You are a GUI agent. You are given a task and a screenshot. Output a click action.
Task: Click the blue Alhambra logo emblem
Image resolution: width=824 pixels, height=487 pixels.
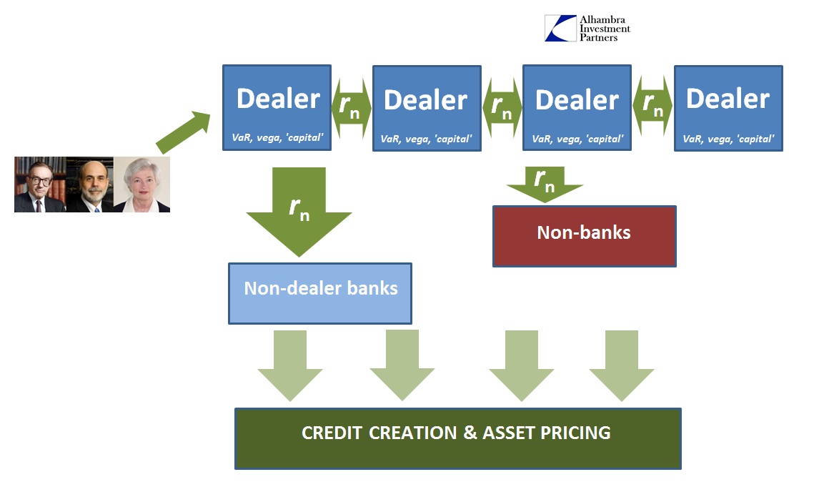click(x=561, y=29)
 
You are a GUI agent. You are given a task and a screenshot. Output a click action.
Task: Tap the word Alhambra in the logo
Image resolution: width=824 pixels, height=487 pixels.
click(x=602, y=19)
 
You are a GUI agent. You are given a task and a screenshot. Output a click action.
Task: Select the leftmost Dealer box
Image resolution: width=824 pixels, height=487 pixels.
click(x=277, y=108)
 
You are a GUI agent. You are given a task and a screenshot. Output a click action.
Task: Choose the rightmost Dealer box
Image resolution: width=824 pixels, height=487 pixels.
click(x=728, y=108)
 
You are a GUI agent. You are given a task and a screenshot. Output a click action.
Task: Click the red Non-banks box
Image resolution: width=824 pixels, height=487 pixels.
click(x=585, y=236)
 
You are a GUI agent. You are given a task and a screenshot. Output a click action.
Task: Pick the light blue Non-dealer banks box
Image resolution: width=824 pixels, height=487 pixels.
click(x=320, y=293)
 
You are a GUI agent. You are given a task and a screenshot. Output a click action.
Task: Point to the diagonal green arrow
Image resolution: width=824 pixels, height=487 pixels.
click(x=184, y=132)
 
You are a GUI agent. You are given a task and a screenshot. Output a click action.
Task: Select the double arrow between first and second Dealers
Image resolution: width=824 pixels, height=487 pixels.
click(x=352, y=108)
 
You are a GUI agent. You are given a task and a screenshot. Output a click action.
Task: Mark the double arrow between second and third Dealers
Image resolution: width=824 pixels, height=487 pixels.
click(x=502, y=108)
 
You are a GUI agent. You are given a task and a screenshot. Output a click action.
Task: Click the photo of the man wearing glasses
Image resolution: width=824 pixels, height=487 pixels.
click(x=40, y=185)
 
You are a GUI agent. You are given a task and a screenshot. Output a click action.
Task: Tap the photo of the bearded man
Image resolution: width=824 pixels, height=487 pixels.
click(x=90, y=185)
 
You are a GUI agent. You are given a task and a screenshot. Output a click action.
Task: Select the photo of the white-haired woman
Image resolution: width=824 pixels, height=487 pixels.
click(x=142, y=185)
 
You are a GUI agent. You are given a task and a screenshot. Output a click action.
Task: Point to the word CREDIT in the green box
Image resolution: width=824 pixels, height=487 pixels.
click(x=332, y=433)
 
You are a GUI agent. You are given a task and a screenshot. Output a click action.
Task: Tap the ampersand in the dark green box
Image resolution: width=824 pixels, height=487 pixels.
click(x=470, y=433)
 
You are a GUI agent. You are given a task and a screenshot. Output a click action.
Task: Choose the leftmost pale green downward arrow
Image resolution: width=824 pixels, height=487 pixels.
click(x=290, y=366)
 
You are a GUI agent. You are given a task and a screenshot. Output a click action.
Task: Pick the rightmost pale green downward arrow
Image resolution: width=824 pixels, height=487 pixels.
click(x=622, y=366)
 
